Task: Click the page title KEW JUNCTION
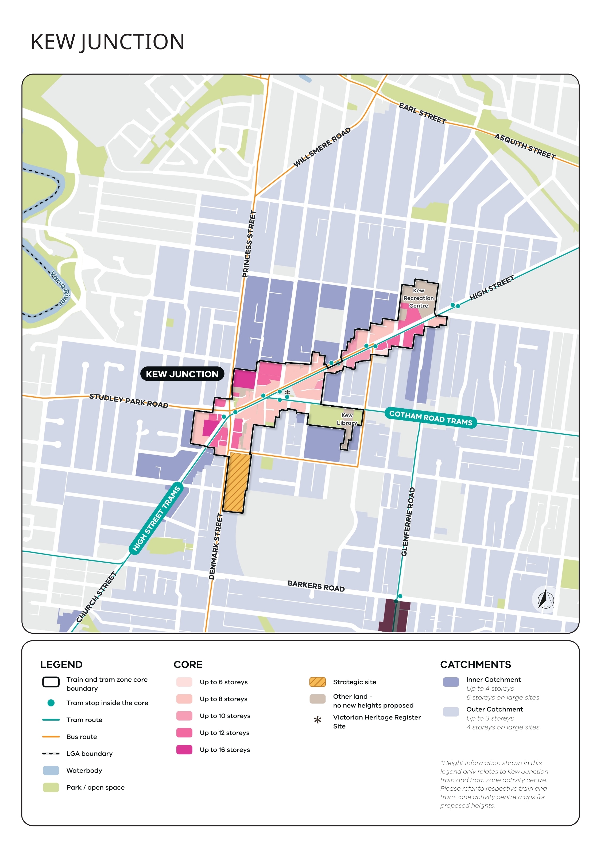click(107, 42)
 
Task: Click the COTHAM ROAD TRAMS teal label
click(431, 418)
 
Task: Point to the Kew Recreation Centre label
click(418, 298)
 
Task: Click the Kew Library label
click(347, 419)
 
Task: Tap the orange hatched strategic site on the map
click(236, 482)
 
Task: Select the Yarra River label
click(60, 288)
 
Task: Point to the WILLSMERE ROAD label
click(322, 147)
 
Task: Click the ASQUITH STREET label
click(525, 146)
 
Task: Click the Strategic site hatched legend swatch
click(317, 682)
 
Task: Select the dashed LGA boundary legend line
click(51, 753)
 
